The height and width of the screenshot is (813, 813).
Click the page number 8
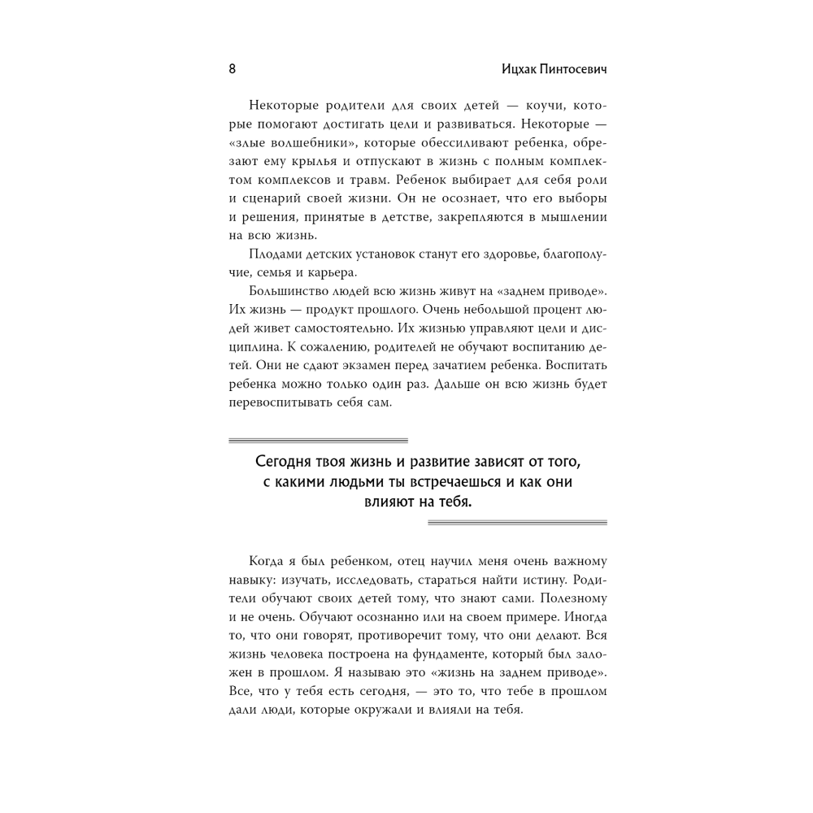[x=233, y=70]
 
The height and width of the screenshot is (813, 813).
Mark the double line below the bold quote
[x=517, y=523]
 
